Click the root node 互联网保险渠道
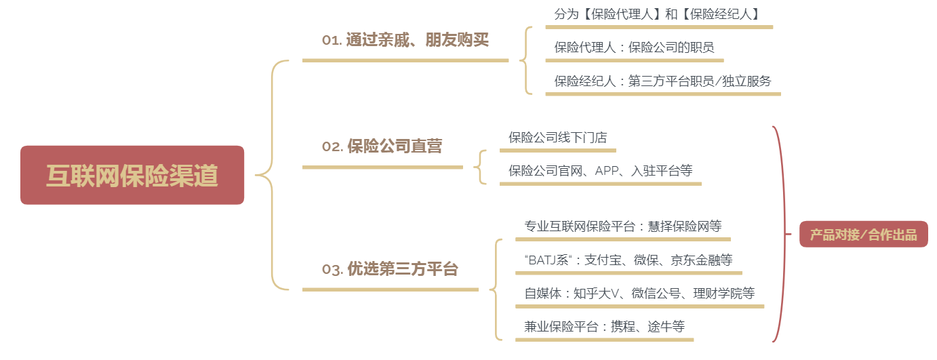coord(132,175)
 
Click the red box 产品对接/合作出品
coord(863,235)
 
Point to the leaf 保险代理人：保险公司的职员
coord(634,47)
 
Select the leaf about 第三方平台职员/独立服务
coord(662,81)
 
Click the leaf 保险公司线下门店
coord(557,137)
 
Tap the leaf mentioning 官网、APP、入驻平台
coord(600,171)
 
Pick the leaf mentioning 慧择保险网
coord(622,226)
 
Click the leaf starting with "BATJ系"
coord(628,260)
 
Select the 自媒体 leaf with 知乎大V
coord(639,294)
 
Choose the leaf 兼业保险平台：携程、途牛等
coord(604,327)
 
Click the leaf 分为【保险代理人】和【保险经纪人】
coord(656,14)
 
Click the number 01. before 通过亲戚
coord(332,40)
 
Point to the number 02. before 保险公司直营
coord(332,146)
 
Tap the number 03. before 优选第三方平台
coord(332,269)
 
